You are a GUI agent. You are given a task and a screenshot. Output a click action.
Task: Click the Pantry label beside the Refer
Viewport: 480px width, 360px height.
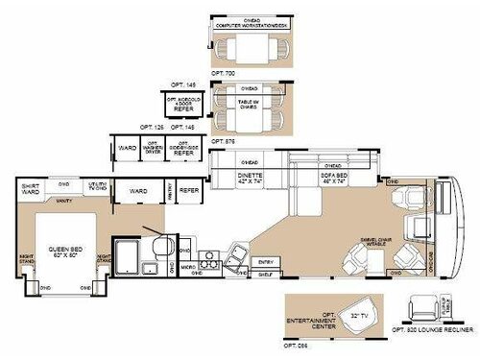(170, 191)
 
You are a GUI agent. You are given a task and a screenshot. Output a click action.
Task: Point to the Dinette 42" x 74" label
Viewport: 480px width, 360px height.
(251, 178)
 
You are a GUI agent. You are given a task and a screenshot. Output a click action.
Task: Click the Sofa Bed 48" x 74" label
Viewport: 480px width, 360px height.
(336, 178)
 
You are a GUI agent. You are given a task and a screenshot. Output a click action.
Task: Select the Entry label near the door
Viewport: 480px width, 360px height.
(266, 260)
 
